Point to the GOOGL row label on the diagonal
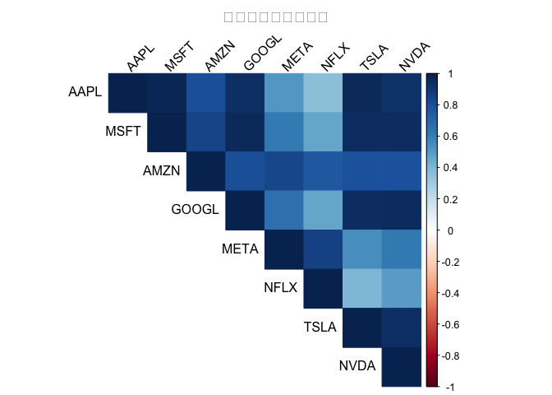[195, 210]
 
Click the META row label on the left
[240, 249]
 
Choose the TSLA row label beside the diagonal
[320, 327]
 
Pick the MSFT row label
[123, 132]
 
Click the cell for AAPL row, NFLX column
[323, 93]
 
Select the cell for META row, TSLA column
[362, 249]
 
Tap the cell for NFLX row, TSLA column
[362, 288]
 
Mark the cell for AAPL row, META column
[284, 93]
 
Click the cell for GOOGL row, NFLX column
[323, 210]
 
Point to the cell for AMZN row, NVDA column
[401, 171]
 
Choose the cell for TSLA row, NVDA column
[401, 327]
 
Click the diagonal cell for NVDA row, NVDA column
[401, 366]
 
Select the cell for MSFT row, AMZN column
[206, 132]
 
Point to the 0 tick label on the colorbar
[450, 230]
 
